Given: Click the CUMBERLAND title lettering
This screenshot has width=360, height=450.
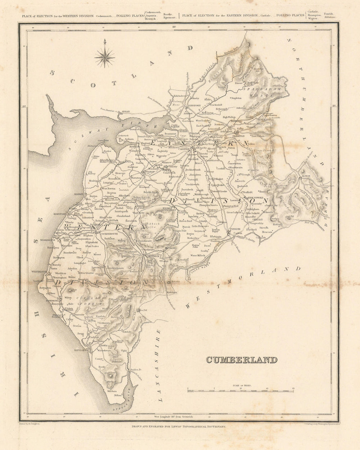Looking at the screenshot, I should click(x=242, y=360).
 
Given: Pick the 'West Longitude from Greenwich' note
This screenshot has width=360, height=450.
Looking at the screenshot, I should click(x=174, y=416).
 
